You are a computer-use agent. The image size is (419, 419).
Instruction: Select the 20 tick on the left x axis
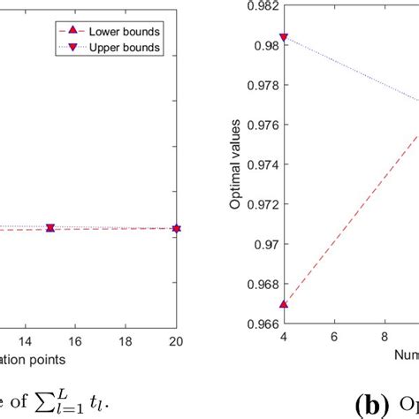(x=177, y=340)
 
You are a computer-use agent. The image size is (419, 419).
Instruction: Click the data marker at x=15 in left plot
(x=50, y=228)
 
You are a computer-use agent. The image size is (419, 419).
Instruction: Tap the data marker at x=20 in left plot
(x=177, y=228)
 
